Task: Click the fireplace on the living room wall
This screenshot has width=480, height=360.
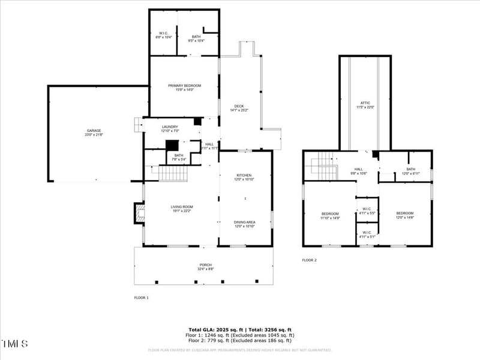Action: click(x=139, y=213)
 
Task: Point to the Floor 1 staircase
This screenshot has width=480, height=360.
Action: click(x=173, y=173)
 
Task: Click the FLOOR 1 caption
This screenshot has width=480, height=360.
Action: click(x=141, y=298)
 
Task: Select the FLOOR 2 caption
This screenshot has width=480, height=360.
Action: click(x=309, y=260)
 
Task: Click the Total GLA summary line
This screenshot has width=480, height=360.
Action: click(x=240, y=330)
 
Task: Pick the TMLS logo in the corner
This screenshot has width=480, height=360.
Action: click(x=15, y=344)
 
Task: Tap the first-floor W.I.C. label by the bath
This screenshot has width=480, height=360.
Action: click(x=164, y=35)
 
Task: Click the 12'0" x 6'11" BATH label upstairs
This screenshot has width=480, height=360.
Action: click(x=410, y=171)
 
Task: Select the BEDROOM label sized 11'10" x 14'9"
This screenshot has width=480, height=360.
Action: click(x=330, y=215)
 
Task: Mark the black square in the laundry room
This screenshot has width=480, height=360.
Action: click(x=197, y=121)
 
